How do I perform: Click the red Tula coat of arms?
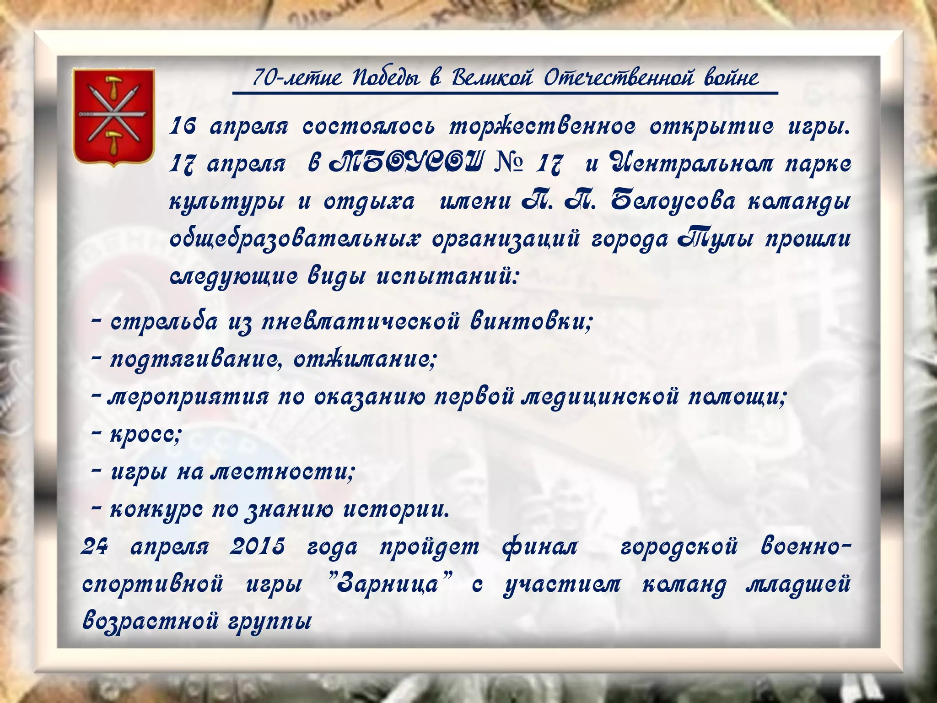113,116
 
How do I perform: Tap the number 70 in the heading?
264,78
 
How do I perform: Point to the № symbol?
509,164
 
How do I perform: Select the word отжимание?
364,360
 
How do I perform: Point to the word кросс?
145,433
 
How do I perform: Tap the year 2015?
257,546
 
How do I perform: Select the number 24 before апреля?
94,546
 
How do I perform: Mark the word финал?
540,546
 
